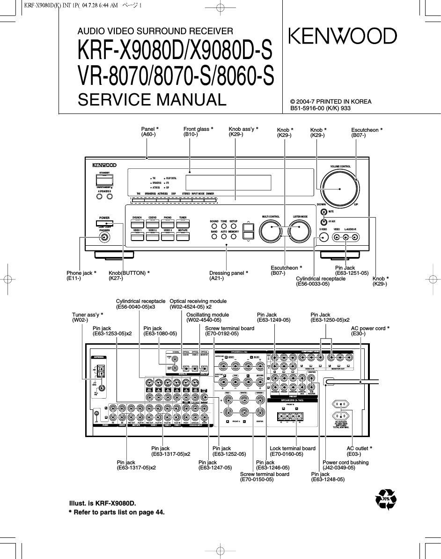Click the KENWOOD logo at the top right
[342, 36]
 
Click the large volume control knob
[340, 186]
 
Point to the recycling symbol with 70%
[386, 499]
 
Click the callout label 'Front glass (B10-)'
[198, 132]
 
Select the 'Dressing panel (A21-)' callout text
[228, 276]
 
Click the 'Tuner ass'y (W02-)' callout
[87, 317]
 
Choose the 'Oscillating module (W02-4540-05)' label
[207, 317]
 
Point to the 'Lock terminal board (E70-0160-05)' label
[293, 451]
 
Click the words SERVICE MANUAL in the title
[152, 100]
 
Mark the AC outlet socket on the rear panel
[341, 406]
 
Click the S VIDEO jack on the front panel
[323, 238]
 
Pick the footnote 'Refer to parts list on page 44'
[117, 512]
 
